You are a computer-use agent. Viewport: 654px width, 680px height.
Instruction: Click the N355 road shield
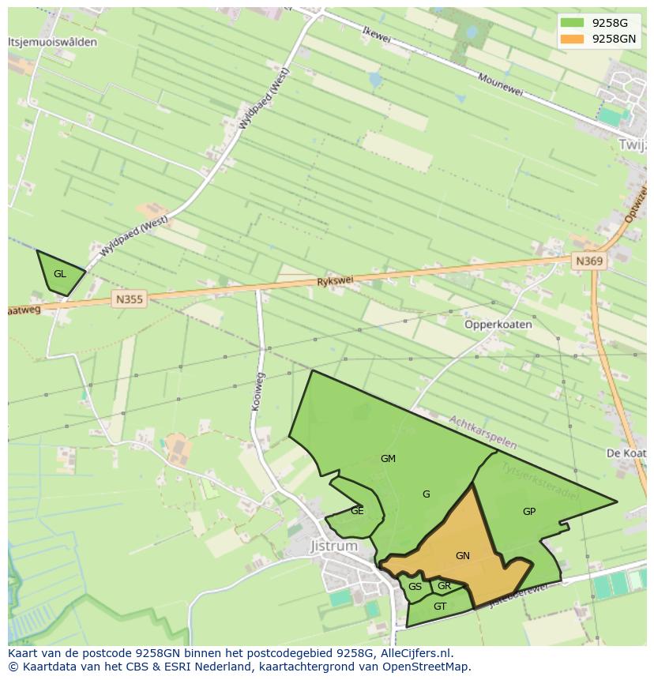coord(130,299)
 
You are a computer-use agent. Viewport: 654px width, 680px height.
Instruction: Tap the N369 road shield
coord(589,261)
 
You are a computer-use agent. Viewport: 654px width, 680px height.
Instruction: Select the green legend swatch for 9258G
coord(572,23)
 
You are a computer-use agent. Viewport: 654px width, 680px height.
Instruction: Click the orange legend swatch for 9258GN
coord(572,39)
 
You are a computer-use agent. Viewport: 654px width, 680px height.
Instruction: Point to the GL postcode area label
coord(60,274)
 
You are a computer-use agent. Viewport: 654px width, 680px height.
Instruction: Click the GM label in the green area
coord(388,459)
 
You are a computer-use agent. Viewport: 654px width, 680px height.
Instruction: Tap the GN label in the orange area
coord(463,556)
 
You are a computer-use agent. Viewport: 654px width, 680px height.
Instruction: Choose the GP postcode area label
coord(529,512)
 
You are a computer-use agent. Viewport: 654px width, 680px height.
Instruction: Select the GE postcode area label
coord(357,511)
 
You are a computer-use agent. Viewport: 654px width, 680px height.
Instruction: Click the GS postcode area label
coord(415,587)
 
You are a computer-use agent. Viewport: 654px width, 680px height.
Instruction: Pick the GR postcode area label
coord(444,586)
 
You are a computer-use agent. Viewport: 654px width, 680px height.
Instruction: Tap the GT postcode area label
coord(440,607)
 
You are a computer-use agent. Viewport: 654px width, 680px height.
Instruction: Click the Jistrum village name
coord(334,546)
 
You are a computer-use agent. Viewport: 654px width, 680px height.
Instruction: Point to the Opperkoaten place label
coord(498,325)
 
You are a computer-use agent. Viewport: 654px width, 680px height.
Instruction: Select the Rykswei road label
coord(335,280)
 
